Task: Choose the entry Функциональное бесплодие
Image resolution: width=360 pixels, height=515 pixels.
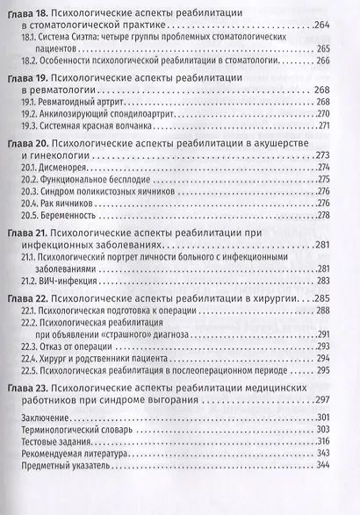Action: click(98, 179)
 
